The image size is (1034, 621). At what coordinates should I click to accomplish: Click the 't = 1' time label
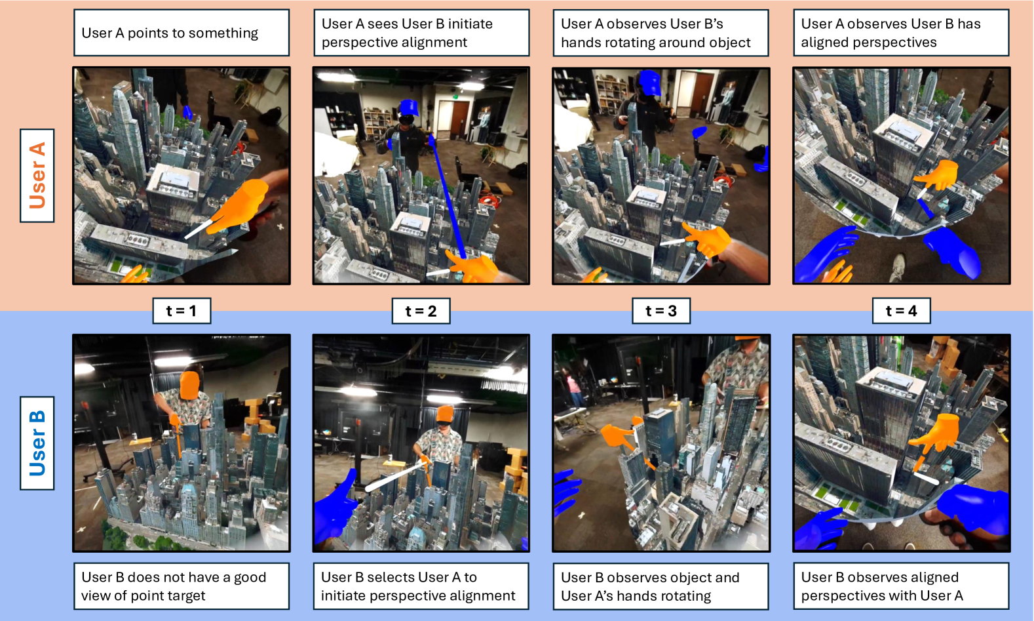(x=182, y=311)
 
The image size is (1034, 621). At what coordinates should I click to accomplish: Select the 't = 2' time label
(x=421, y=311)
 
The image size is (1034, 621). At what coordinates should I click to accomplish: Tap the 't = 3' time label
(x=661, y=311)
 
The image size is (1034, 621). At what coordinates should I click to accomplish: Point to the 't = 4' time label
(x=901, y=311)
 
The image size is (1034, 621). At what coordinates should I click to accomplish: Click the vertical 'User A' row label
(x=37, y=176)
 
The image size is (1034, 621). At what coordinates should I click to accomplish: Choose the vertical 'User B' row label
(x=37, y=443)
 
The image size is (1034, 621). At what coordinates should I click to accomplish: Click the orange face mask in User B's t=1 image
(x=189, y=386)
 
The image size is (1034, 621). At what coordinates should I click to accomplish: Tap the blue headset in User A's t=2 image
(x=408, y=108)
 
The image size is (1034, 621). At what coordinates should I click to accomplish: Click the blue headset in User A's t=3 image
(x=650, y=83)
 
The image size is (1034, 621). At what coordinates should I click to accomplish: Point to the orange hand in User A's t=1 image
(x=240, y=207)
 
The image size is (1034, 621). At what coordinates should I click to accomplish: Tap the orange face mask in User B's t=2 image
(x=445, y=414)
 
